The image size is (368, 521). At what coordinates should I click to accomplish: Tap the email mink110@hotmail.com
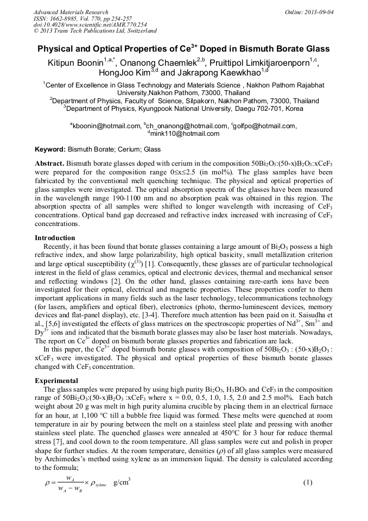pyautogui.click(x=185, y=134)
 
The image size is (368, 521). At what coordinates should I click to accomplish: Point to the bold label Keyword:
pyautogui.click(x=50, y=149)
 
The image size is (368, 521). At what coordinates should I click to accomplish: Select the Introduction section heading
pyautogui.click(x=55, y=238)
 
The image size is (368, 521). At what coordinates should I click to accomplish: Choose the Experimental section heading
pyautogui.click(x=57, y=381)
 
